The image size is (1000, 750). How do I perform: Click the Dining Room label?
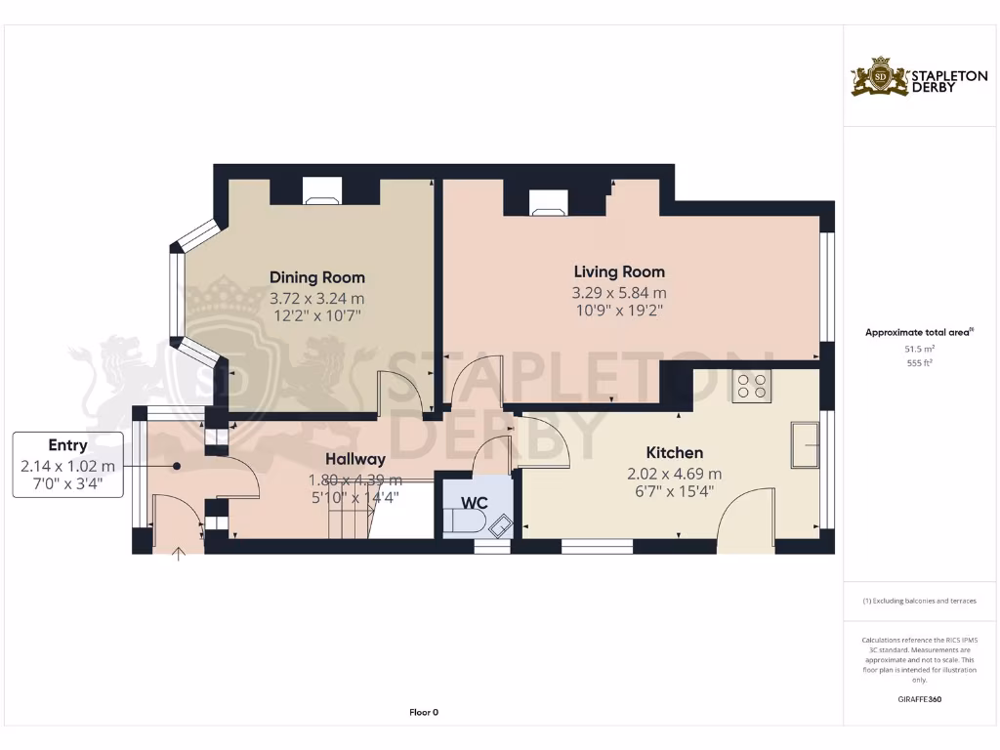coord(316,277)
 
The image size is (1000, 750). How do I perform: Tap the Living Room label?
coord(619,271)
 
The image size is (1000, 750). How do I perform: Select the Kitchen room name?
coord(674,453)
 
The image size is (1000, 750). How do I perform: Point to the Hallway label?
coord(355,458)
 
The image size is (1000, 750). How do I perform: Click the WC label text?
coord(475,503)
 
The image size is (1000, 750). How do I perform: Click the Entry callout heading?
coord(67,445)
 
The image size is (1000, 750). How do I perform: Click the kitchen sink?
coord(807,444)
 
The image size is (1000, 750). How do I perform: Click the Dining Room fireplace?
coord(321,191)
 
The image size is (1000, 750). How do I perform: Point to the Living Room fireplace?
coord(548,201)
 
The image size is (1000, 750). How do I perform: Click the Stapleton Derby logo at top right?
coord(905,77)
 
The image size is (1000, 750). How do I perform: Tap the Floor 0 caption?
coord(423,712)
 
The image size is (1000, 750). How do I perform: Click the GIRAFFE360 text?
coord(919,699)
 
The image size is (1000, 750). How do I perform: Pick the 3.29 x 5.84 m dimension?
coord(619,293)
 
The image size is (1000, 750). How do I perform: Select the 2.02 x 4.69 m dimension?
coord(674,474)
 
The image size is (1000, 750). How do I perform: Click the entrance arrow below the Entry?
coord(179,556)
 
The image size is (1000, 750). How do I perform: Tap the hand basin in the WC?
coord(501,524)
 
